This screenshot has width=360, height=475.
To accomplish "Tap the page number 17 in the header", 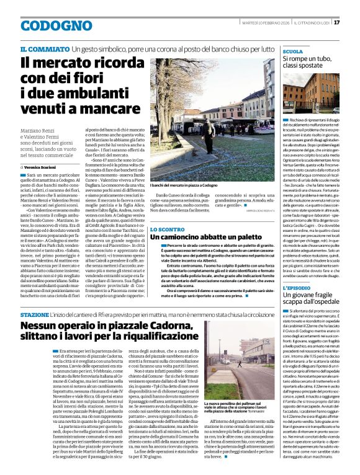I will [x=354, y=23].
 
